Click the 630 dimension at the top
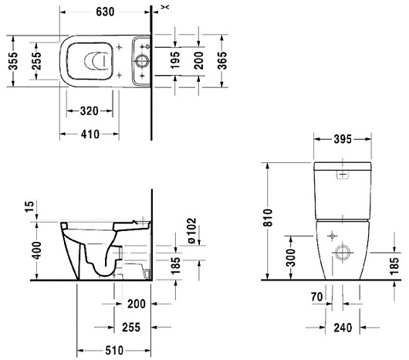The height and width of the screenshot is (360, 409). tap(105, 12)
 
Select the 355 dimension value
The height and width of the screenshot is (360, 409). tap(13, 61)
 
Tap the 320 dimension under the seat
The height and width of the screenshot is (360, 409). tap(90, 111)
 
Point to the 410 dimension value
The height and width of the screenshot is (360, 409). tap(90, 134)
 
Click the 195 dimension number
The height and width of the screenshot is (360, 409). tap(175, 60)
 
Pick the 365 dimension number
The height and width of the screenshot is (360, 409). tap(222, 60)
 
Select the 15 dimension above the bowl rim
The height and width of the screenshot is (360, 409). tap(29, 206)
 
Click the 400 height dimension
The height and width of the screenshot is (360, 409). tap(36, 250)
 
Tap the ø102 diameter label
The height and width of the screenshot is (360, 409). tap(191, 231)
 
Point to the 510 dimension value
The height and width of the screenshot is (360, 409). tap(114, 350)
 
